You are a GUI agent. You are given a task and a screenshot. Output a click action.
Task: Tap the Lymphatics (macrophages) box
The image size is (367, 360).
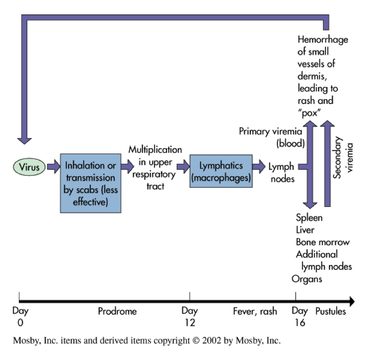[x=221, y=170]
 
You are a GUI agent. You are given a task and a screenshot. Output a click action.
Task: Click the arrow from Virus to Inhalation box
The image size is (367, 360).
[x=53, y=167]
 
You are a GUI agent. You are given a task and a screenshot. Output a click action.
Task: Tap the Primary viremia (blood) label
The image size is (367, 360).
[x=272, y=137]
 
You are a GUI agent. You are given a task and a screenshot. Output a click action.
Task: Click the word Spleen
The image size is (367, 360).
[x=309, y=218]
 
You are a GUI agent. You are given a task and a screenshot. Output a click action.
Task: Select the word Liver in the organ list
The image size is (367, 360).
[x=305, y=230]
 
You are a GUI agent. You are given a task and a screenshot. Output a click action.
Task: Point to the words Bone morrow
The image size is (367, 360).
[x=323, y=242]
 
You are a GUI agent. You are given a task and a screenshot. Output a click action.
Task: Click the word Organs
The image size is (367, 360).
[x=307, y=279]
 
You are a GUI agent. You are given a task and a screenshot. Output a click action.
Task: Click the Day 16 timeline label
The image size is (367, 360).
[x=299, y=317]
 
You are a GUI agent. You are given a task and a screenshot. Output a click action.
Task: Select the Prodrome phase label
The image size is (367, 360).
[x=117, y=311]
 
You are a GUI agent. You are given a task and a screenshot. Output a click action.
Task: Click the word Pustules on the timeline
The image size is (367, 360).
[x=331, y=311]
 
